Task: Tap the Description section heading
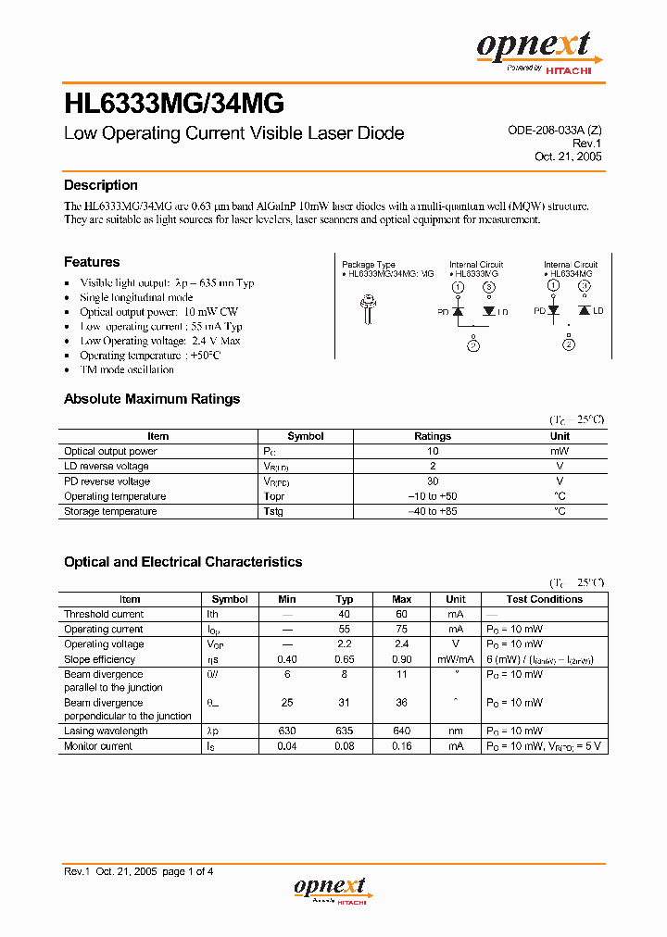[101, 185]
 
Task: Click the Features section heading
[92, 262]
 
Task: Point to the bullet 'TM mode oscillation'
[127, 369]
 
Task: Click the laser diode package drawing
[371, 311]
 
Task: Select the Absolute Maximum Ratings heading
[152, 399]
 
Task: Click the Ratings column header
[433, 436]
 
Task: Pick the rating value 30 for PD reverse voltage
[433, 481]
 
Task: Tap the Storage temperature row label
[110, 511]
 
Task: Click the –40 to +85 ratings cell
[433, 511]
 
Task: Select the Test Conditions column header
[545, 599]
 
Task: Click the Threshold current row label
[104, 614]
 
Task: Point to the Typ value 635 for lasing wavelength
[345, 731]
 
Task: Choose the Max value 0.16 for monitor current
[402, 745]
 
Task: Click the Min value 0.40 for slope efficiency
[287, 659]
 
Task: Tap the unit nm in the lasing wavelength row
[456, 731]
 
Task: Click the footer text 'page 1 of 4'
[188, 871]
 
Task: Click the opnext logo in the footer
[331, 890]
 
